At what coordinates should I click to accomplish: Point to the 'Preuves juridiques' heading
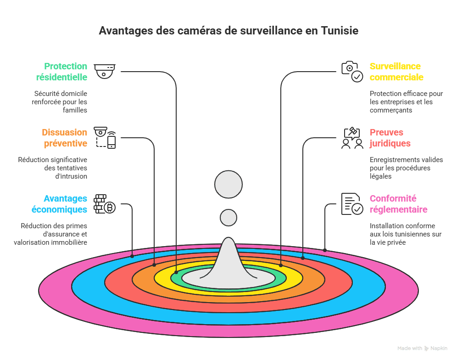[390, 137]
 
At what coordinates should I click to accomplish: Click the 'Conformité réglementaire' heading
[398, 204]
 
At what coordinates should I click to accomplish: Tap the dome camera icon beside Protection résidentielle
[105, 71]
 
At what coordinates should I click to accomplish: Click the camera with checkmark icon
[352, 71]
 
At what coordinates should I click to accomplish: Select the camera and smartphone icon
[105, 137]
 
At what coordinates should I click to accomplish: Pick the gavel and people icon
[352, 138]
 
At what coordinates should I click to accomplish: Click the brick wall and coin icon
[105, 204]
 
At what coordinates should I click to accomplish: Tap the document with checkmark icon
[352, 204]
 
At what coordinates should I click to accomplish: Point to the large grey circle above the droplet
[228, 185]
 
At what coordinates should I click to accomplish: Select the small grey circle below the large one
[228, 218]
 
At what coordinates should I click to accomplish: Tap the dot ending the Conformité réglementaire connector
[325, 250]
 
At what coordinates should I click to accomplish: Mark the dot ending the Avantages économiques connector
[132, 256]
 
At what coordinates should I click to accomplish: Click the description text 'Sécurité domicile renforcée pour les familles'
[60, 101]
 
